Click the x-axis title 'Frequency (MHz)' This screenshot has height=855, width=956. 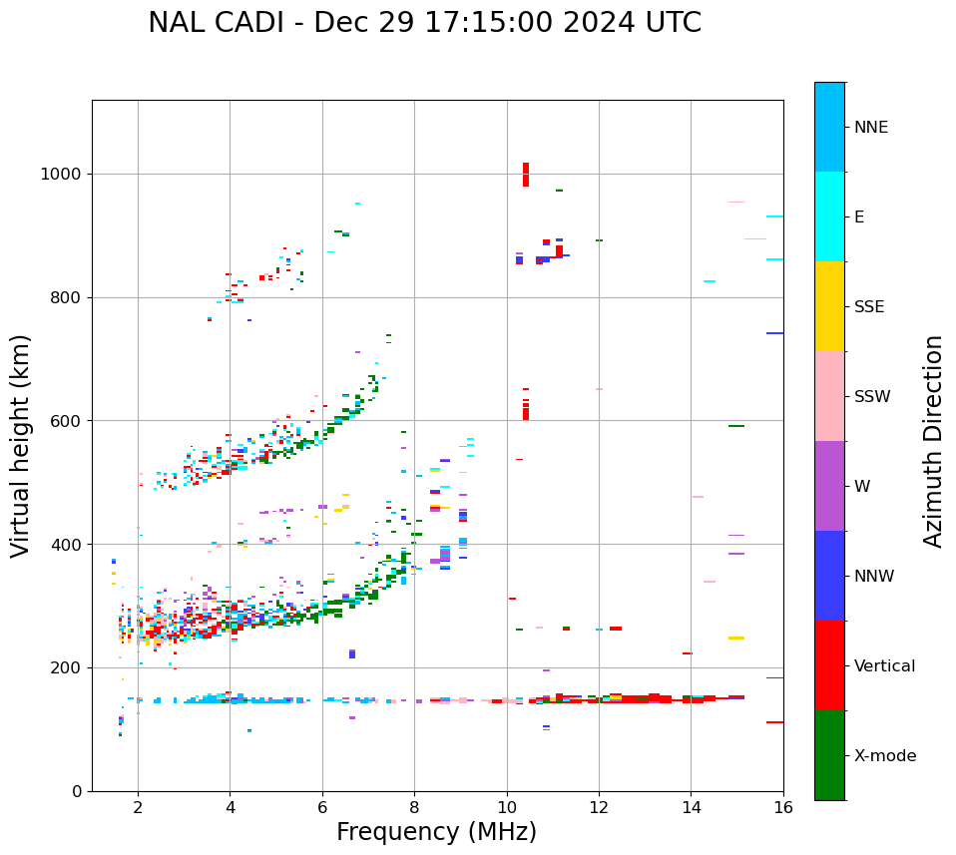pyautogui.click(x=436, y=832)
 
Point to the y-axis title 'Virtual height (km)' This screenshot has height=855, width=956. pyautogui.click(x=21, y=445)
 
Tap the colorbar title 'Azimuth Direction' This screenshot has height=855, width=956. pyautogui.click(x=933, y=441)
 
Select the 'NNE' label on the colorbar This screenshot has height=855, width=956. pyautogui.click(x=870, y=128)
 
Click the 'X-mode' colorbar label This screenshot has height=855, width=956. pyautogui.click(x=884, y=756)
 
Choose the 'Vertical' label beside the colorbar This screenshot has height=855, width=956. pyautogui.click(x=884, y=666)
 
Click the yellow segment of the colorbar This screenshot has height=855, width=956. pyautogui.click(x=829, y=306)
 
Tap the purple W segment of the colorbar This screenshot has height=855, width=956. pyautogui.click(x=829, y=486)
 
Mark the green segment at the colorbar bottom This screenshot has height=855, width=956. pyautogui.click(x=829, y=755)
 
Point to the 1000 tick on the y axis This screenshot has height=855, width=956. pyautogui.click(x=65, y=175)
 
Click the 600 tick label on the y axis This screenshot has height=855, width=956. pyautogui.click(x=69, y=421)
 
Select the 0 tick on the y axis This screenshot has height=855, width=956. pyautogui.click(x=78, y=791)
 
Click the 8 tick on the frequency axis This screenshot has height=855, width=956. pyautogui.click(x=414, y=806)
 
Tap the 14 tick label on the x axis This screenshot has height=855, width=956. pyautogui.click(x=691, y=806)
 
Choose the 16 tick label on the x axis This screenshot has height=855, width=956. pyautogui.click(x=783, y=806)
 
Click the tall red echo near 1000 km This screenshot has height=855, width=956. pyautogui.click(x=526, y=175)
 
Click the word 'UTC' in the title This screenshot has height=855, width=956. pyautogui.click(x=670, y=23)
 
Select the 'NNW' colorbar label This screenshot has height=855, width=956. pyautogui.click(x=874, y=577)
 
